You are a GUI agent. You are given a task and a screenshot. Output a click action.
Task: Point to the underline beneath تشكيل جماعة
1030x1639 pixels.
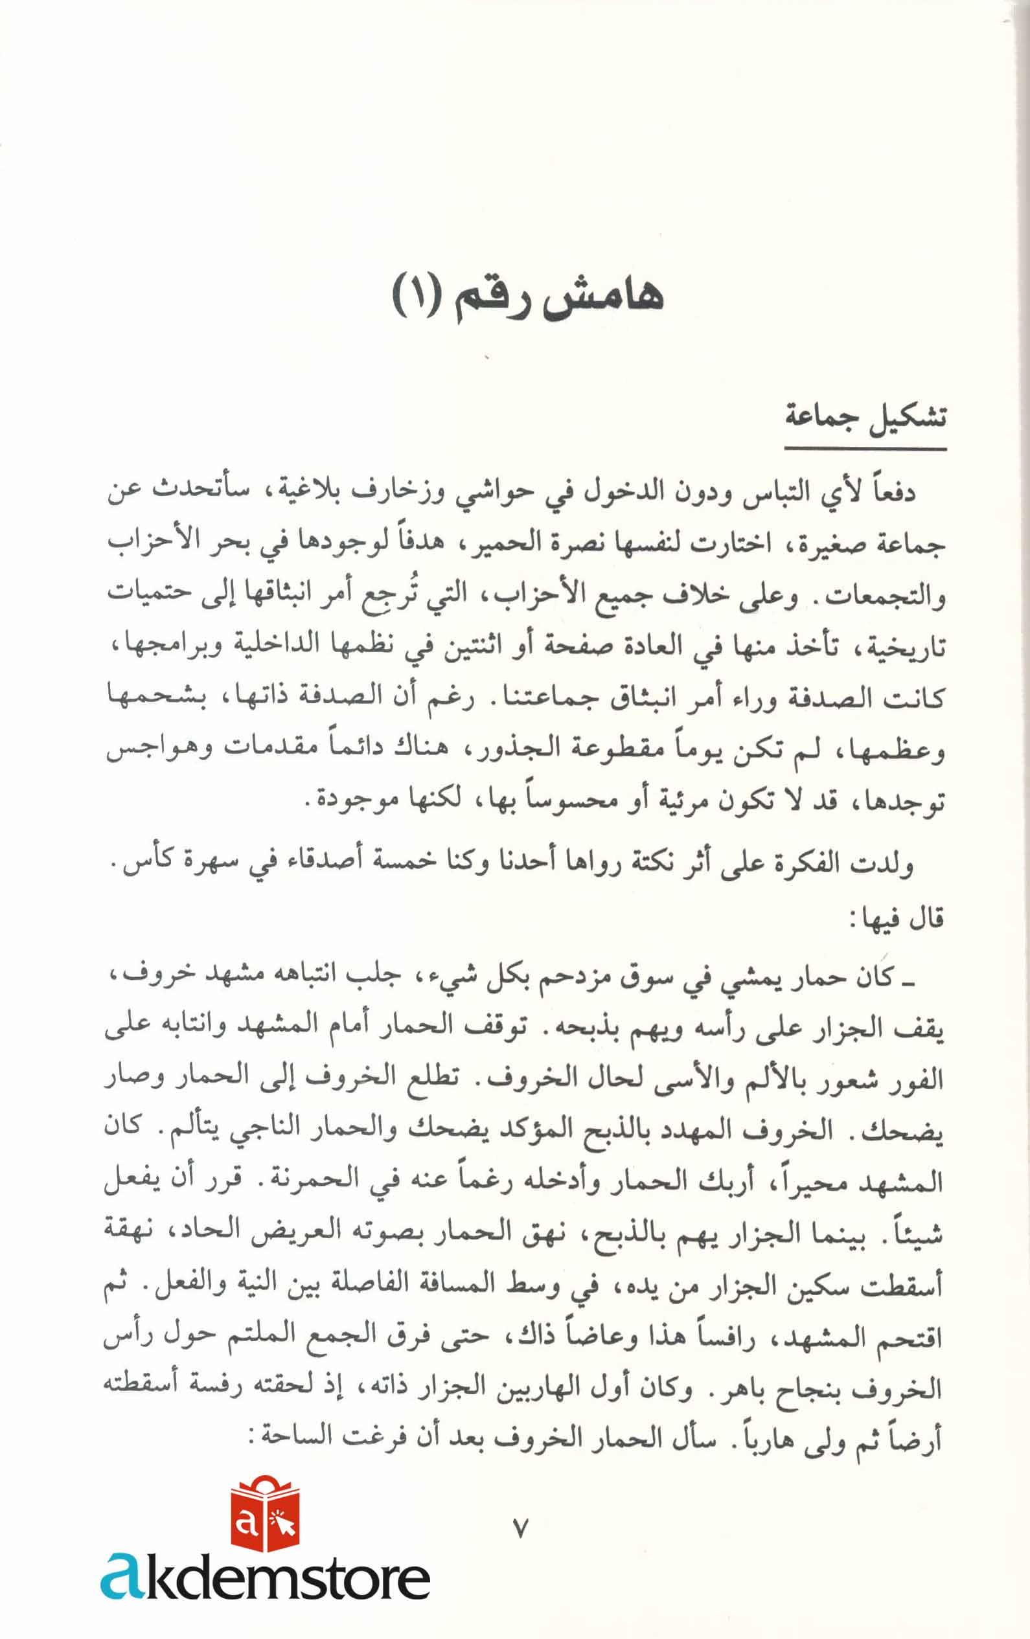pos(865,449)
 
